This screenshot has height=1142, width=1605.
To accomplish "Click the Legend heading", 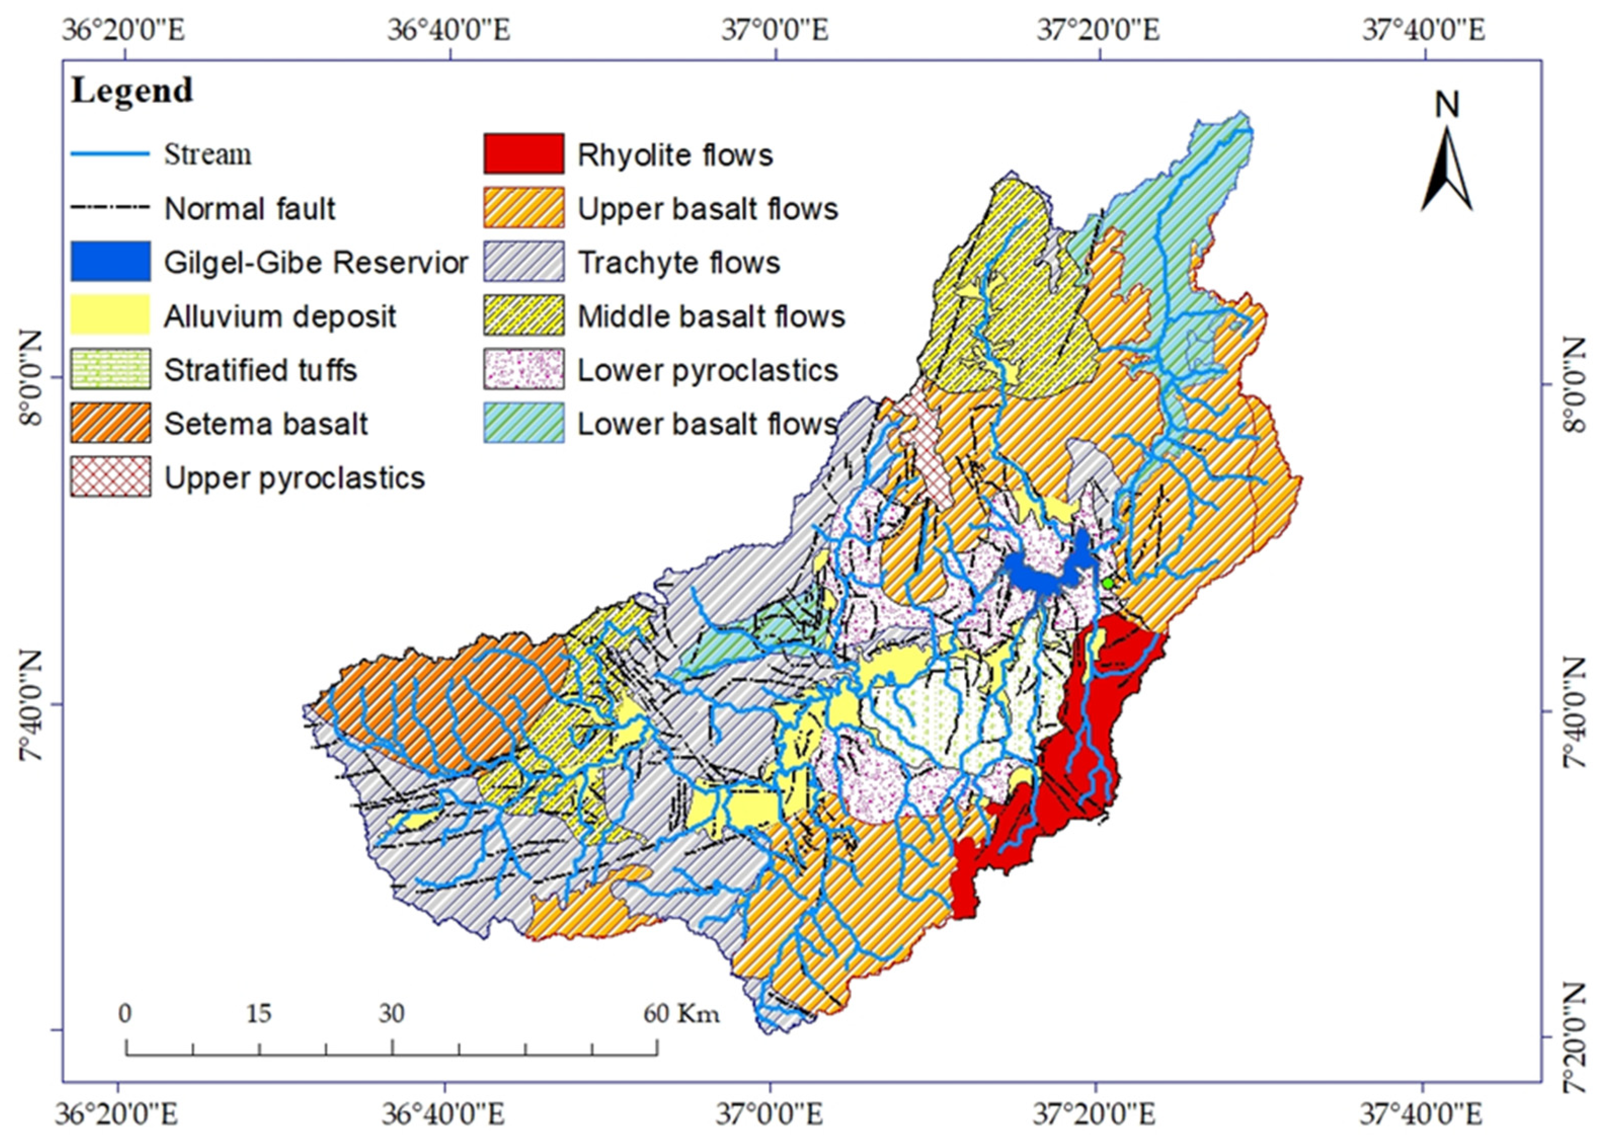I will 132,91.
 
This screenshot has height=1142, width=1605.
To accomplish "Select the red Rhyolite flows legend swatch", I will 524,153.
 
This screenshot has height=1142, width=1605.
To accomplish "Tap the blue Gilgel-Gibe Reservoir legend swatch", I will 110,261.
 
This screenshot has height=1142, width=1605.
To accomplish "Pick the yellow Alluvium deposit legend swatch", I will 110,314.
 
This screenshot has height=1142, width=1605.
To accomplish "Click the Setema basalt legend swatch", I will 110,423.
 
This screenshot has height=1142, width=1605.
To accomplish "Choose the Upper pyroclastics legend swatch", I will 110,477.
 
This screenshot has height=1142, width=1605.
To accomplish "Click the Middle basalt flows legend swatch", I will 524,315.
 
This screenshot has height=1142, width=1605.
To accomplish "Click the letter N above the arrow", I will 1447,105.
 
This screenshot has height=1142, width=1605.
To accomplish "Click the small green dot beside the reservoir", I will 1108,583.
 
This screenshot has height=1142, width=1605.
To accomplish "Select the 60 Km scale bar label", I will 681,1013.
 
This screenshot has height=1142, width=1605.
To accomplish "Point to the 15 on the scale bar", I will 259,1013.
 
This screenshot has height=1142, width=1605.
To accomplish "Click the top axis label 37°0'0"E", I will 774,31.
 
